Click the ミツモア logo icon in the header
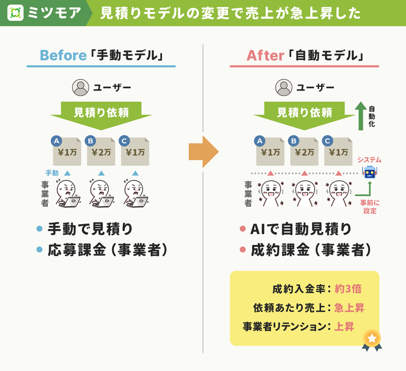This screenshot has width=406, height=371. [16, 13]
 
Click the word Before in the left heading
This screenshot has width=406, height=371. [63, 55]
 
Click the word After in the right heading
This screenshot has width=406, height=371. [265, 55]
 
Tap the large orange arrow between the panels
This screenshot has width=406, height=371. [204, 151]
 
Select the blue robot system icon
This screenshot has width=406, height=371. [370, 172]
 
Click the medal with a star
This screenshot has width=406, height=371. [372, 340]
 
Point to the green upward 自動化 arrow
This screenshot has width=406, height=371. [361, 116]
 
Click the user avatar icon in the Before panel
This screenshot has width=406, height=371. [81, 87]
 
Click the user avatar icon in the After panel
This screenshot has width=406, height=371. [284, 87]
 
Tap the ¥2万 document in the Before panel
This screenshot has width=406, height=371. [101, 151]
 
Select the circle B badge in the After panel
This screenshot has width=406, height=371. [294, 141]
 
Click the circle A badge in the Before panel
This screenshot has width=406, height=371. [56, 141]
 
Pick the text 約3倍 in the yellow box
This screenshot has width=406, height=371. [348, 289]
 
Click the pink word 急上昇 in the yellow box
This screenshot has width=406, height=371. [349, 308]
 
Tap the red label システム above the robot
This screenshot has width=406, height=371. [369, 160]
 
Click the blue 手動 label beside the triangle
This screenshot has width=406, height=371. [52, 173]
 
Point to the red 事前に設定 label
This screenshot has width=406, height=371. [370, 207]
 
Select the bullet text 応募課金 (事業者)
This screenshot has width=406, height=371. [108, 250]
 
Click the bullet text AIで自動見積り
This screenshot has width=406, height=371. [300, 229]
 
